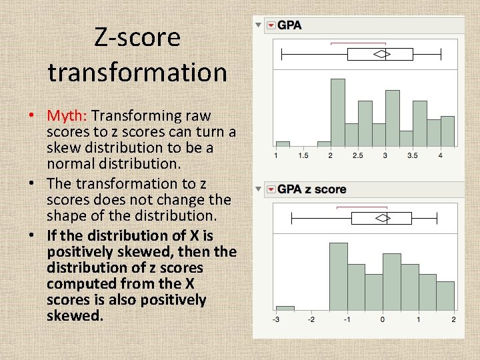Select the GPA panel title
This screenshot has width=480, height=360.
[x=289, y=25]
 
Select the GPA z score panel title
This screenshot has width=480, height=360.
[x=311, y=189]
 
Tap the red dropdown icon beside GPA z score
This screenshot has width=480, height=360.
[x=271, y=189]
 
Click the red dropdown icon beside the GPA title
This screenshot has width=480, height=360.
[x=271, y=25]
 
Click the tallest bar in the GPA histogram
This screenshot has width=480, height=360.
[x=338, y=112]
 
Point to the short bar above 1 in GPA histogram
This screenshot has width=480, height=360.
[x=283, y=143]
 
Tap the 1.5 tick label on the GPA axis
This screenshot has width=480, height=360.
[x=303, y=155]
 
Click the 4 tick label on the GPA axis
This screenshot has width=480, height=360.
[x=441, y=155]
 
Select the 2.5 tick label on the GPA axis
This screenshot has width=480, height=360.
[x=357, y=155]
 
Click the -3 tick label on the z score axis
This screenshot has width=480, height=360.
[x=276, y=320]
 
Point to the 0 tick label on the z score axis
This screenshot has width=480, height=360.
[x=382, y=320]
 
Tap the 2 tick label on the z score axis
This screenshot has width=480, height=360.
[x=453, y=320]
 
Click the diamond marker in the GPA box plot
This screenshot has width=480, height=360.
[x=381, y=54]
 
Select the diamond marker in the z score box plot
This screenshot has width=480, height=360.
[x=382, y=218]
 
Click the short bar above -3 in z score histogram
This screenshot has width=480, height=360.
[x=285, y=308]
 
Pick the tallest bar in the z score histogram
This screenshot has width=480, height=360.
[x=339, y=276]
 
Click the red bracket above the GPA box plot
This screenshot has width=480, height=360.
[x=350, y=43]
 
